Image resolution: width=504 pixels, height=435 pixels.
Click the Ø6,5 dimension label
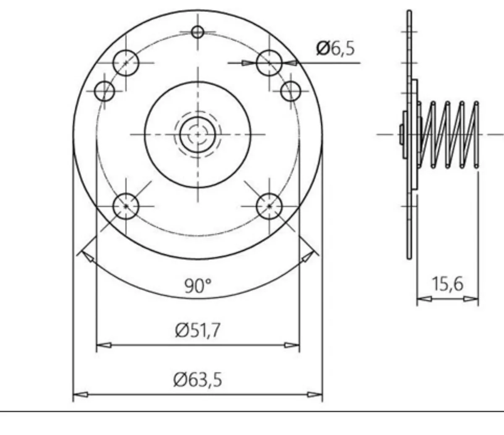[336, 49]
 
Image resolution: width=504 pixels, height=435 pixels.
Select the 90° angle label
[198, 286]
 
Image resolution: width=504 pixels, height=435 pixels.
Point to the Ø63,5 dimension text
[197, 380]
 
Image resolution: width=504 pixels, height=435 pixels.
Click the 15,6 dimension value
[448, 284]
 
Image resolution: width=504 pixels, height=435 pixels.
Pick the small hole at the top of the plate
[197, 32]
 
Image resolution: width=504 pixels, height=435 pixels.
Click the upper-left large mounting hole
[126, 63]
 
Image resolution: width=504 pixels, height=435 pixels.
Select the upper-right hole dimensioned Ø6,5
[269, 63]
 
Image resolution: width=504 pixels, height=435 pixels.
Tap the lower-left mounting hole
[126, 206]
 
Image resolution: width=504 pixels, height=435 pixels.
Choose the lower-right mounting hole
[269, 206]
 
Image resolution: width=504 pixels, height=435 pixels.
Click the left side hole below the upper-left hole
[105, 91]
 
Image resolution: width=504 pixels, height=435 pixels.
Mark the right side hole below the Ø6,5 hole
[291, 91]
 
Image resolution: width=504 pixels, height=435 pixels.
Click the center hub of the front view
[197, 134]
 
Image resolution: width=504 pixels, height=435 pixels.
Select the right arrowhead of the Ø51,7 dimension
[293, 346]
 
